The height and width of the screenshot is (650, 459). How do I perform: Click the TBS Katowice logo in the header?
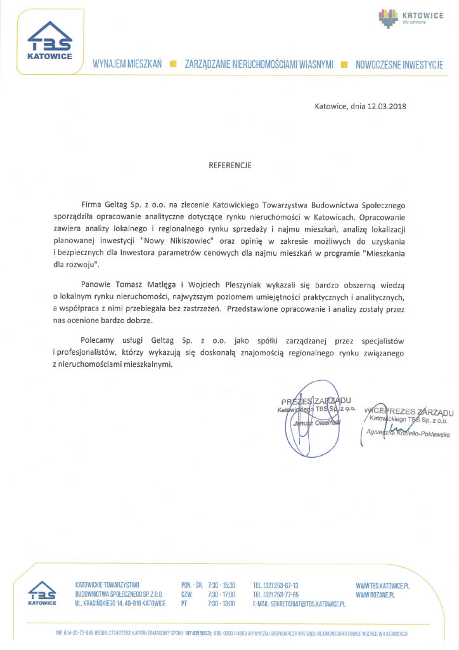[49, 43]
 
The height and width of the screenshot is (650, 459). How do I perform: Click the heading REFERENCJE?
[230, 165]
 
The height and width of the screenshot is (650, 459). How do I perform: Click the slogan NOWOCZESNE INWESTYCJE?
[399, 65]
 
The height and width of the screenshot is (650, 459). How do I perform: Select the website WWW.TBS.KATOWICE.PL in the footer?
[382, 585]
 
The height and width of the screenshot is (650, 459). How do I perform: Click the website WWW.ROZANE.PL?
[375, 594]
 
